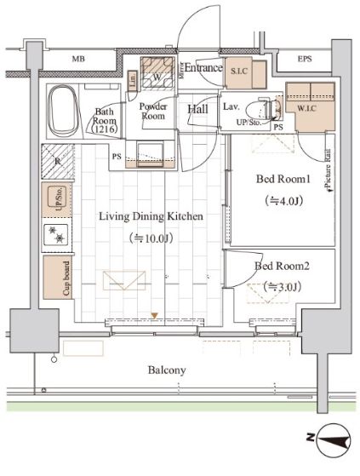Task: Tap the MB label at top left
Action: click(x=78, y=60)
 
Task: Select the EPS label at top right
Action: click(x=304, y=60)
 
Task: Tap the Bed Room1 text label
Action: click(x=280, y=180)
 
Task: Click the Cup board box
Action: click(x=58, y=277)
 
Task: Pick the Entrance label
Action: click(x=203, y=68)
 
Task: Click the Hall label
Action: click(x=198, y=109)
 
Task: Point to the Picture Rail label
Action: click(x=326, y=167)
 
